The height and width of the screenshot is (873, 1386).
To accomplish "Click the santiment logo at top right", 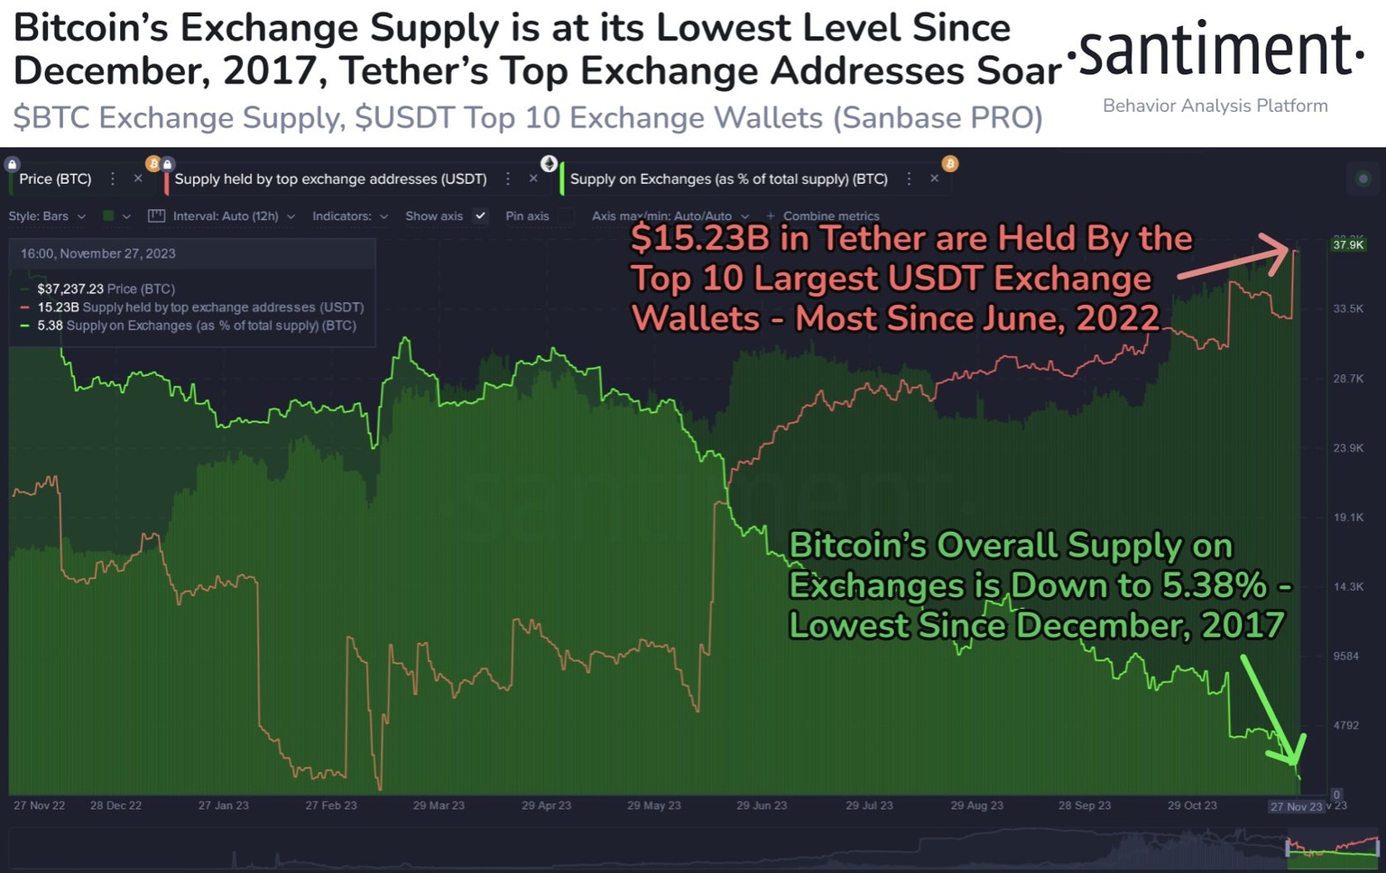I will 1215,52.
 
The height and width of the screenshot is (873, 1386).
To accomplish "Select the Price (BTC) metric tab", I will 55,179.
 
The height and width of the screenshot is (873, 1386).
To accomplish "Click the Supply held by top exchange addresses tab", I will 330,179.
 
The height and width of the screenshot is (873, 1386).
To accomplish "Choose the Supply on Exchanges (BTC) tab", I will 728,179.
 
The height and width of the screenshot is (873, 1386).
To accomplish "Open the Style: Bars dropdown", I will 47,216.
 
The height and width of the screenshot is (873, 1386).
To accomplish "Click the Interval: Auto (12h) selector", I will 225,216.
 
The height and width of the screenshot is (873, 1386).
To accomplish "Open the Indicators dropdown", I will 349,216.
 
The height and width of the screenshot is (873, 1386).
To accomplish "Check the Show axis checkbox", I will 480,216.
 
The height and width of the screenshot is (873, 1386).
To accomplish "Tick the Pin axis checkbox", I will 566,216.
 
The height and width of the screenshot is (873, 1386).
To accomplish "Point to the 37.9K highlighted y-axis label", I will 1348,244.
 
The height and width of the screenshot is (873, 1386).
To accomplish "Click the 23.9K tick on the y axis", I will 1348,448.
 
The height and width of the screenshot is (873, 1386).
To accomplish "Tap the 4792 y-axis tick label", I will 1345,725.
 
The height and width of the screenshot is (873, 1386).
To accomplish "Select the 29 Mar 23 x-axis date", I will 439,805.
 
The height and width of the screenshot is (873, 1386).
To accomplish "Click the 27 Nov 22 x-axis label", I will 39,805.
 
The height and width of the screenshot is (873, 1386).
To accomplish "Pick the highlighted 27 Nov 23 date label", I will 1296,806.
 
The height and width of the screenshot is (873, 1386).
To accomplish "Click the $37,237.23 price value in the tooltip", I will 69,289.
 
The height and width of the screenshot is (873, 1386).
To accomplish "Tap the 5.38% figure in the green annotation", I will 1214,586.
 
